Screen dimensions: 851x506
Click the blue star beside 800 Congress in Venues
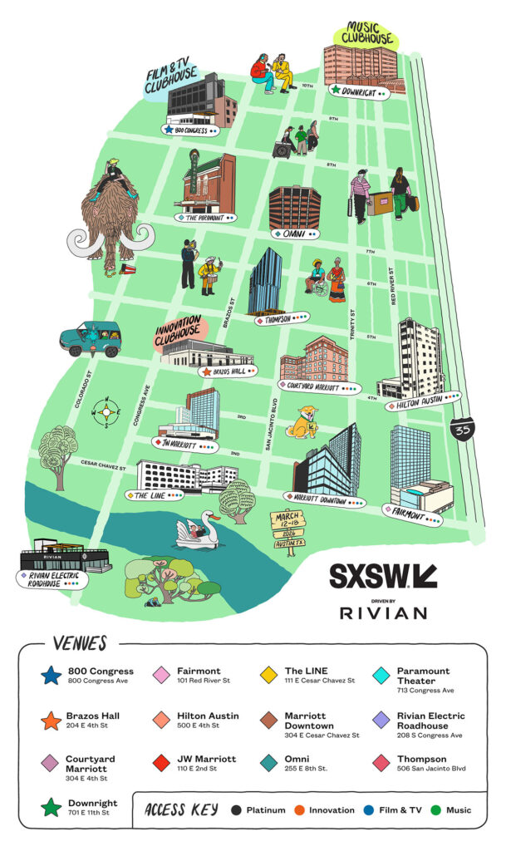52,676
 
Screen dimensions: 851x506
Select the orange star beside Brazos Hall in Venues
52,720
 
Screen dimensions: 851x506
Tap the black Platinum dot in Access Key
237,810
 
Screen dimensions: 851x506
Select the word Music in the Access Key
458,810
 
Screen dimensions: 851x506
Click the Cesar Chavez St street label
103,466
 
